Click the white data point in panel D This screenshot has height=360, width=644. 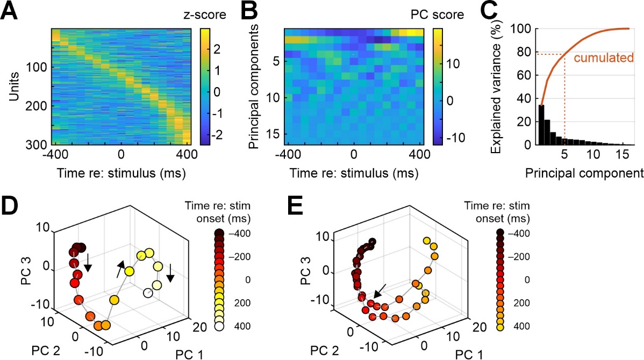148,293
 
